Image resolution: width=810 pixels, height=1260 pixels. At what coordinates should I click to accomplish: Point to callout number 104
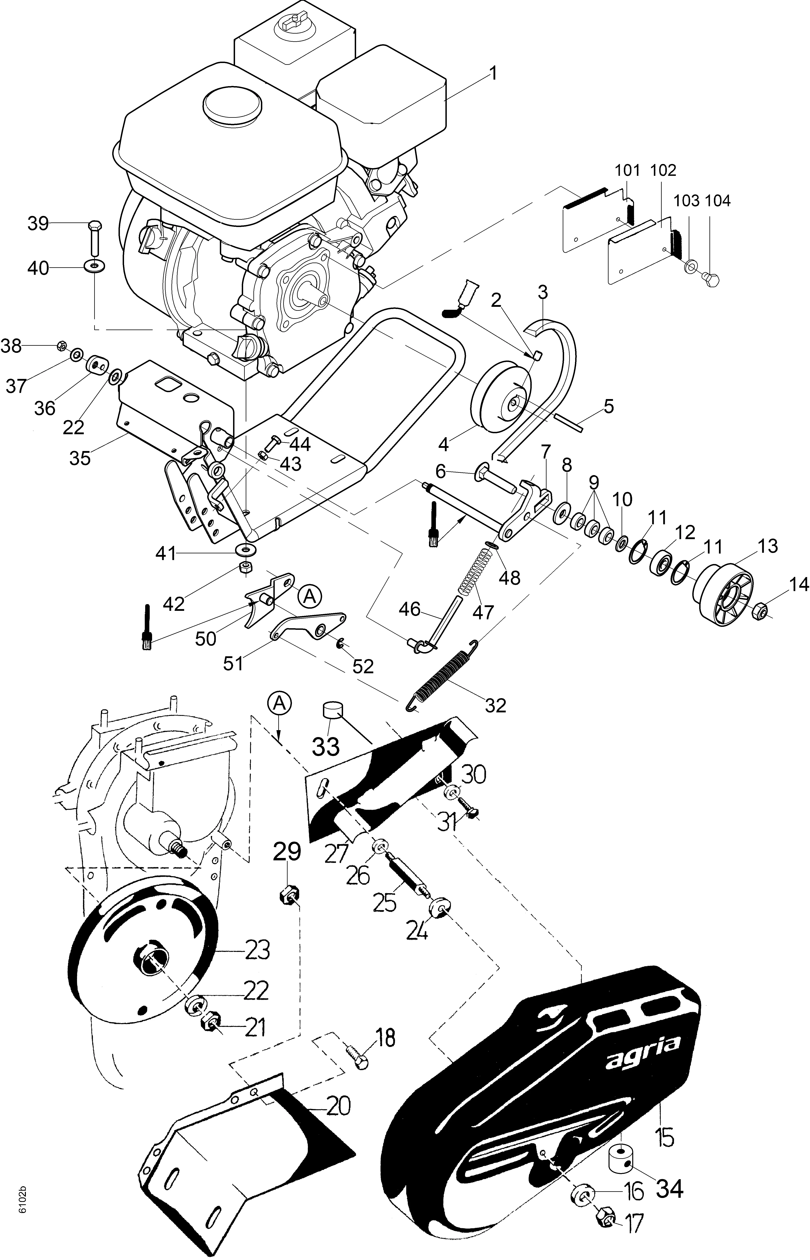click(717, 201)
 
